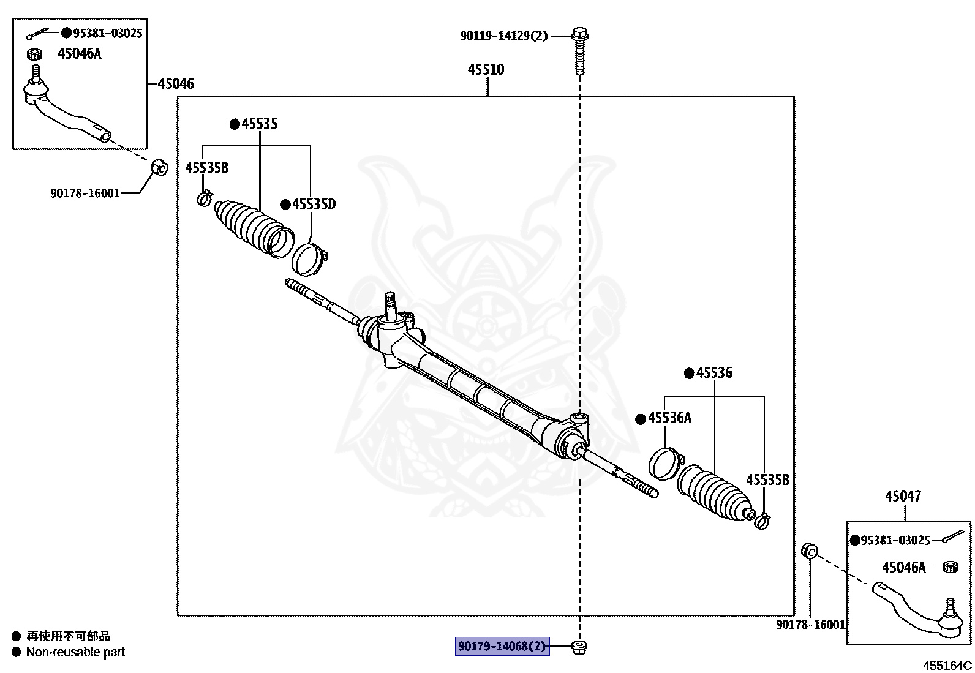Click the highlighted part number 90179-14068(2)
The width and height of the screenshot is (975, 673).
pos(502,646)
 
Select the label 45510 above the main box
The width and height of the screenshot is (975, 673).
pos(486,69)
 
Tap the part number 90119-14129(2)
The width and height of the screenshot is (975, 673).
pos(504,36)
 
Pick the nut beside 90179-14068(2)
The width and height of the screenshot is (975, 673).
pos(578,646)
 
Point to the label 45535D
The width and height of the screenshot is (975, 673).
pos(314,205)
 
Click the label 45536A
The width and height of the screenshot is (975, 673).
pos(669,418)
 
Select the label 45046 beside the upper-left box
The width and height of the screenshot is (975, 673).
pos(175,84)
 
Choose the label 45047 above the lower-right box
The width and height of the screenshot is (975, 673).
pos(903,497)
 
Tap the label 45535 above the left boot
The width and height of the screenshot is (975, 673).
pos(259,124)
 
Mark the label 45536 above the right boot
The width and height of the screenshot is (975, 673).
pos(714,373)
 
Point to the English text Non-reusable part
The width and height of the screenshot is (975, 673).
pos(75,653)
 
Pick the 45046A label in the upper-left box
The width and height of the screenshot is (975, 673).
pos(80,54)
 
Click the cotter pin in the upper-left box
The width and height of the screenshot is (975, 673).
pos(42,33)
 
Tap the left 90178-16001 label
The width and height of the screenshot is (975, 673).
pos(85,194)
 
